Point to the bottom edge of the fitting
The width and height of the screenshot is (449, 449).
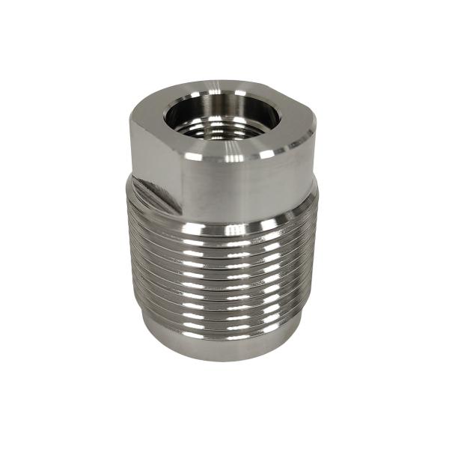pos(224,360)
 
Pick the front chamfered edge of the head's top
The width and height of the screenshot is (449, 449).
pos(232,156)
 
